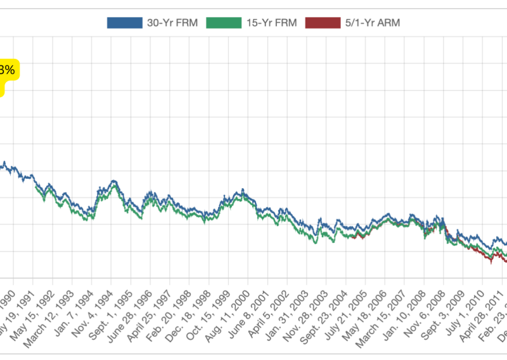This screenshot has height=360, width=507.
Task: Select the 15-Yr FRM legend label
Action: (266, 23)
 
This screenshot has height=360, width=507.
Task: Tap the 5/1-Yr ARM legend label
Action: (371, 23)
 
